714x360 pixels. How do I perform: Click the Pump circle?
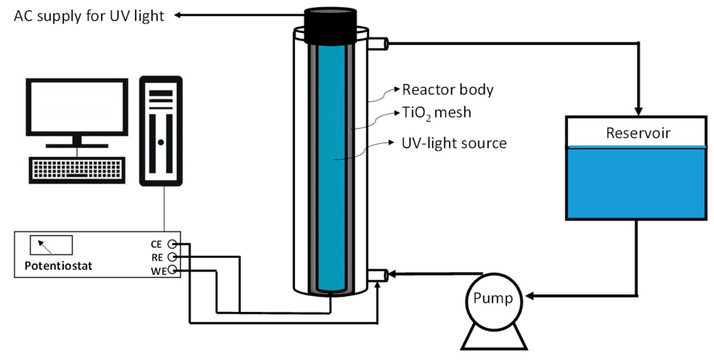point(494,301)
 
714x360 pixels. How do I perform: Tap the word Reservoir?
point(638,133)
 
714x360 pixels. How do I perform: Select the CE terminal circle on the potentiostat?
point(172,244)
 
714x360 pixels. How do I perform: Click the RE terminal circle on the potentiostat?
point(172,257)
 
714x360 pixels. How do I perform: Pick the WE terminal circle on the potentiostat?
point(172,270)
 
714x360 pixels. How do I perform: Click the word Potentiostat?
point(58,266)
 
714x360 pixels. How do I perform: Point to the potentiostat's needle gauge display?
point(51,245)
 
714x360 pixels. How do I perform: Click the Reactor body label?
point(448,90)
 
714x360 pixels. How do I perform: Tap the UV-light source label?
point(454,143)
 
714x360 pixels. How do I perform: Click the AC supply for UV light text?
point(89,16)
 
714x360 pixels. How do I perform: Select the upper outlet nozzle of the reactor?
point(378,44)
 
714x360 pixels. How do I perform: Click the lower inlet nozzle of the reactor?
point(378,275)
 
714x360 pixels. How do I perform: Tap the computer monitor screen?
point(77,107)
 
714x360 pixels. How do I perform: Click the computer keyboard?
point(77,170)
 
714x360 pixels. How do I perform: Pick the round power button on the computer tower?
point(161,142)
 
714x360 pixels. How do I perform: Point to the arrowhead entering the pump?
point(530,296)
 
